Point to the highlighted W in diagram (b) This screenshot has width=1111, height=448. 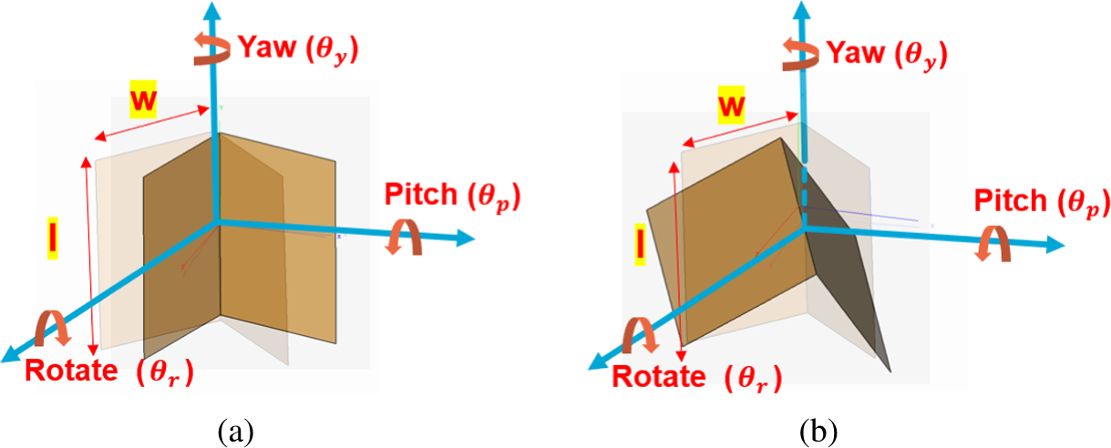pos(731,107)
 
